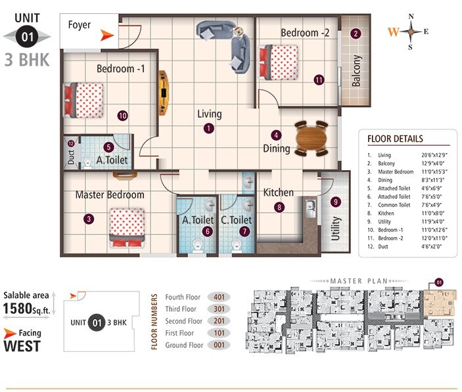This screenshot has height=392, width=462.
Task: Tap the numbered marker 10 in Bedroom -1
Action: (x=122, y=116)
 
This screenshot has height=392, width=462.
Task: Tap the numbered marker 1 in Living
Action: (x=208, y=129)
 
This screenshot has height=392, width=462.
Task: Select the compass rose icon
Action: (x=411, y=31)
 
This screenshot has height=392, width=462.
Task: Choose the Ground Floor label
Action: (x=183, y=345)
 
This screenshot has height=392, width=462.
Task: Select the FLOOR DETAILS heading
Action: (x=394, y=139)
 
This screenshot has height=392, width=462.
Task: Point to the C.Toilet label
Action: (x=237, y=220)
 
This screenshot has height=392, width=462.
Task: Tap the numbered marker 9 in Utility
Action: (x=336, y=202)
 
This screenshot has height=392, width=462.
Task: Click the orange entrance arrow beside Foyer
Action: (x=106, y=35)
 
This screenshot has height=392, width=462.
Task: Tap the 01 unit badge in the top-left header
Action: (x=28, y=37)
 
